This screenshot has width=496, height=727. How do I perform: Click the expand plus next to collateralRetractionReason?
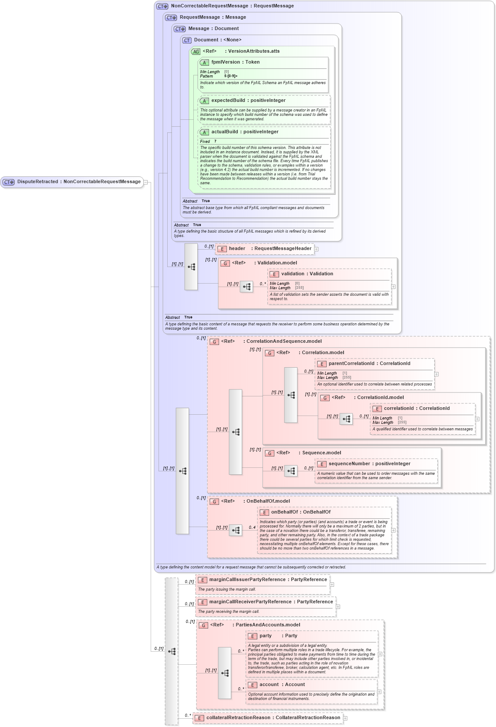click(x=345, y=718)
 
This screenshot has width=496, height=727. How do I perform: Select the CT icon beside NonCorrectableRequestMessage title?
click(x=162, y=7)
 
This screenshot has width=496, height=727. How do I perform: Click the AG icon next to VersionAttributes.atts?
click(x=196, y=51)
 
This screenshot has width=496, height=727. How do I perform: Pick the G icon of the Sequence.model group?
click(x=270, y=453)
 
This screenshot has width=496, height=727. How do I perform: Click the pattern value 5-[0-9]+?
click(x=231, y=76)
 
